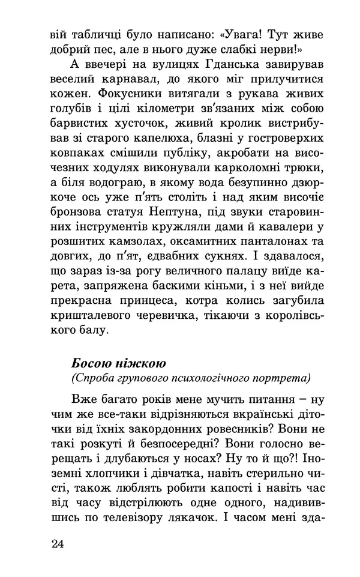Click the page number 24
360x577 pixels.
[x=57, y=544]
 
